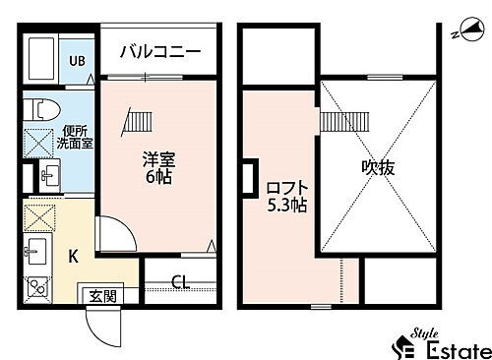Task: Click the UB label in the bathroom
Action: point(75,61)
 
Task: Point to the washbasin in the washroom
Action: point(50,176)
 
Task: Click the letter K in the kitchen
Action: point(73,258)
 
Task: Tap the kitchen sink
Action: point(39,252)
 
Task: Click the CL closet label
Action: point(182,283)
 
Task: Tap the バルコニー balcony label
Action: point(160,51)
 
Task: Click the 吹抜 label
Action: point(378,167)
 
